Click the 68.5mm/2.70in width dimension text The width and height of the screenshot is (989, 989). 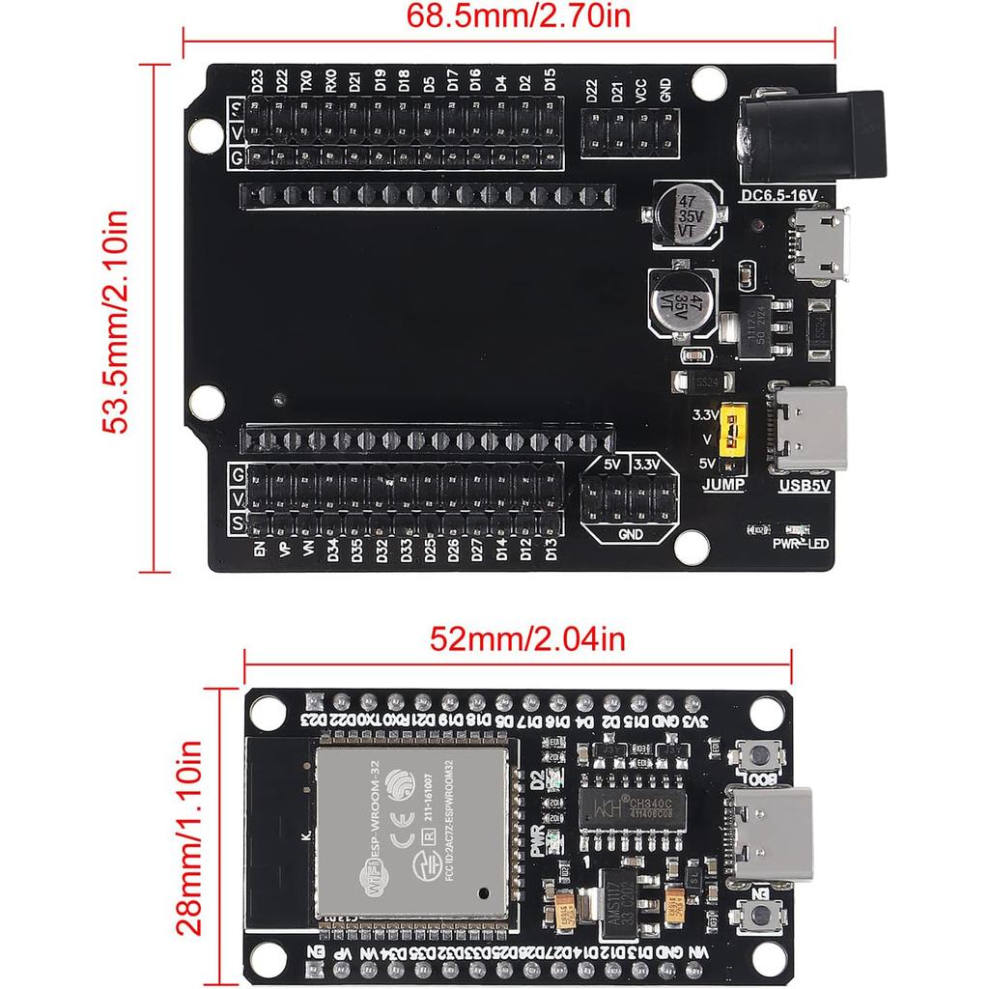(508, 15)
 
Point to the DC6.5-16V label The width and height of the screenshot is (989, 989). (779, 195)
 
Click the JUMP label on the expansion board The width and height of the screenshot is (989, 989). (724, 485)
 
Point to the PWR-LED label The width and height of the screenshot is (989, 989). (801, 545)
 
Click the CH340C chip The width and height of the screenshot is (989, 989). (632, 805)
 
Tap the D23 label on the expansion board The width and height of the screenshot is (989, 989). (257, 81)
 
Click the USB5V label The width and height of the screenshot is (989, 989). (804, 485)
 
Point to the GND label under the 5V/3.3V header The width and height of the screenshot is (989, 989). (630, 533)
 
